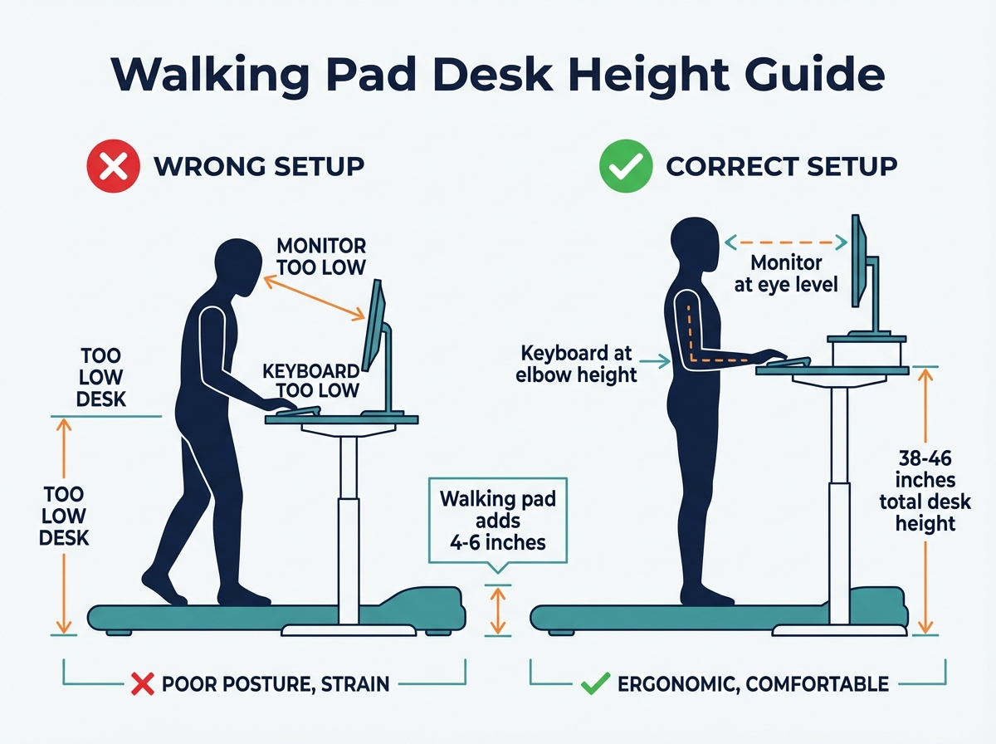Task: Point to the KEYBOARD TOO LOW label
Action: (310, 379)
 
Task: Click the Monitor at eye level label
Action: (786, 274)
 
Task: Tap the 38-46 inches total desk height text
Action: (925, 490)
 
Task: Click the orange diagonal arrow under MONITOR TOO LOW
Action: (314, 297)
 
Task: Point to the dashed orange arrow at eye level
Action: (785, 242)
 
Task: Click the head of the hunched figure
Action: (235, 267)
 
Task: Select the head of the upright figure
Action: (694, 246)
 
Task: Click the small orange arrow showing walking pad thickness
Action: (496, 611)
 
